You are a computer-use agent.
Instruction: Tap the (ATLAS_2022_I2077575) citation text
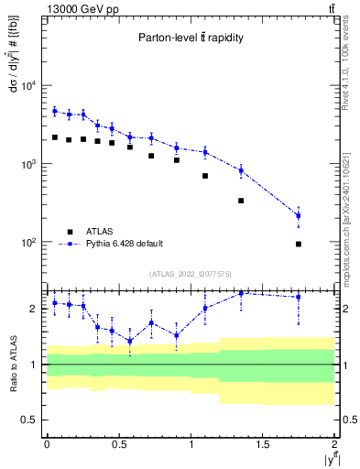point(191,274)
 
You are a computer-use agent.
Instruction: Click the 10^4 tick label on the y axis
point(27,86)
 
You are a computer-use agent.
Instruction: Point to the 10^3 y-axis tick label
point(27,164)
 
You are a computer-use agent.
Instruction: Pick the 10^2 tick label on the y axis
point(27,243)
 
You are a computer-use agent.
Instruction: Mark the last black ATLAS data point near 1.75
point(299,244)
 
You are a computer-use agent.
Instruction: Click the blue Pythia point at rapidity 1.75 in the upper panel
point(299,215)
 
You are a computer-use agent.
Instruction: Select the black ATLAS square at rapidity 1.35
point(241,201)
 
